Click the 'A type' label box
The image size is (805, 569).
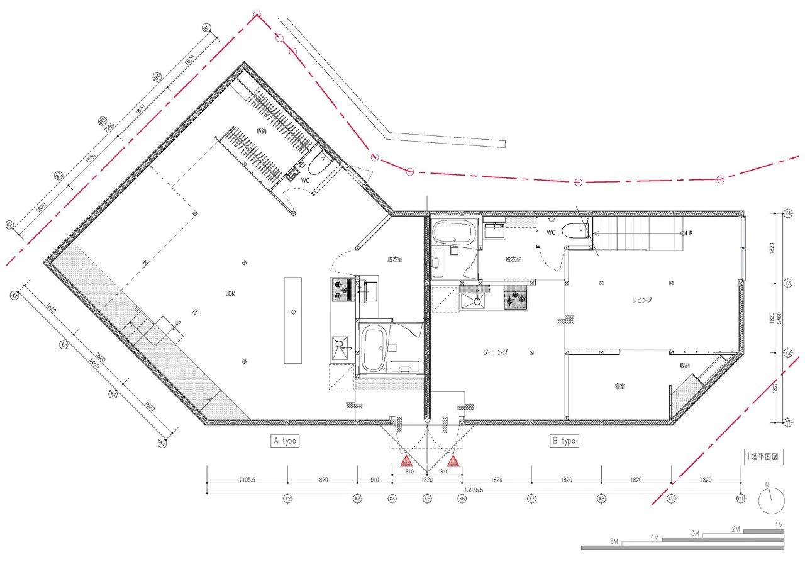coord(285,441)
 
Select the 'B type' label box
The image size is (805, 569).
coord(563,441)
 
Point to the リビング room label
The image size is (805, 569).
coord(641,300)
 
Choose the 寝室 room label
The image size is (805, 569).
coord(620,386)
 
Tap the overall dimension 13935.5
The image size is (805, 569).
coord(473,489)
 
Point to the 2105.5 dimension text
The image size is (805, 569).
coord(247,480)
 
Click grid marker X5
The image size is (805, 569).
coord(427,499)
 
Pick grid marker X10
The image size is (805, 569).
coord(740,499)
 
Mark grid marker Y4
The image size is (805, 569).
coord(788,214)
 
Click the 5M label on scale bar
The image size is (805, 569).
coord(614,542)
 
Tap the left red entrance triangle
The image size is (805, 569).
coord(406,462)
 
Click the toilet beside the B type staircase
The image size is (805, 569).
coord(574,232)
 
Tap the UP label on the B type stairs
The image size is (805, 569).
coord(689,233)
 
